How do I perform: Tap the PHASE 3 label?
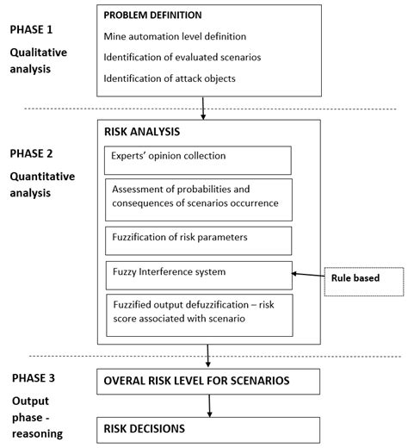click(x=35, y=379)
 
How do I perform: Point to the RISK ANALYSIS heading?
click(x=143, y=134)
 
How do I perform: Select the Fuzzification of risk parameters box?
click(x=199, y=240)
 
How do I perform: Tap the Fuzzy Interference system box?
click(x=199, y=274)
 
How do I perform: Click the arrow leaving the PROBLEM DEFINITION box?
click(x=203, y=109)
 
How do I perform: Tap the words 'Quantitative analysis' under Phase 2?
click(x=40, y=184)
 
